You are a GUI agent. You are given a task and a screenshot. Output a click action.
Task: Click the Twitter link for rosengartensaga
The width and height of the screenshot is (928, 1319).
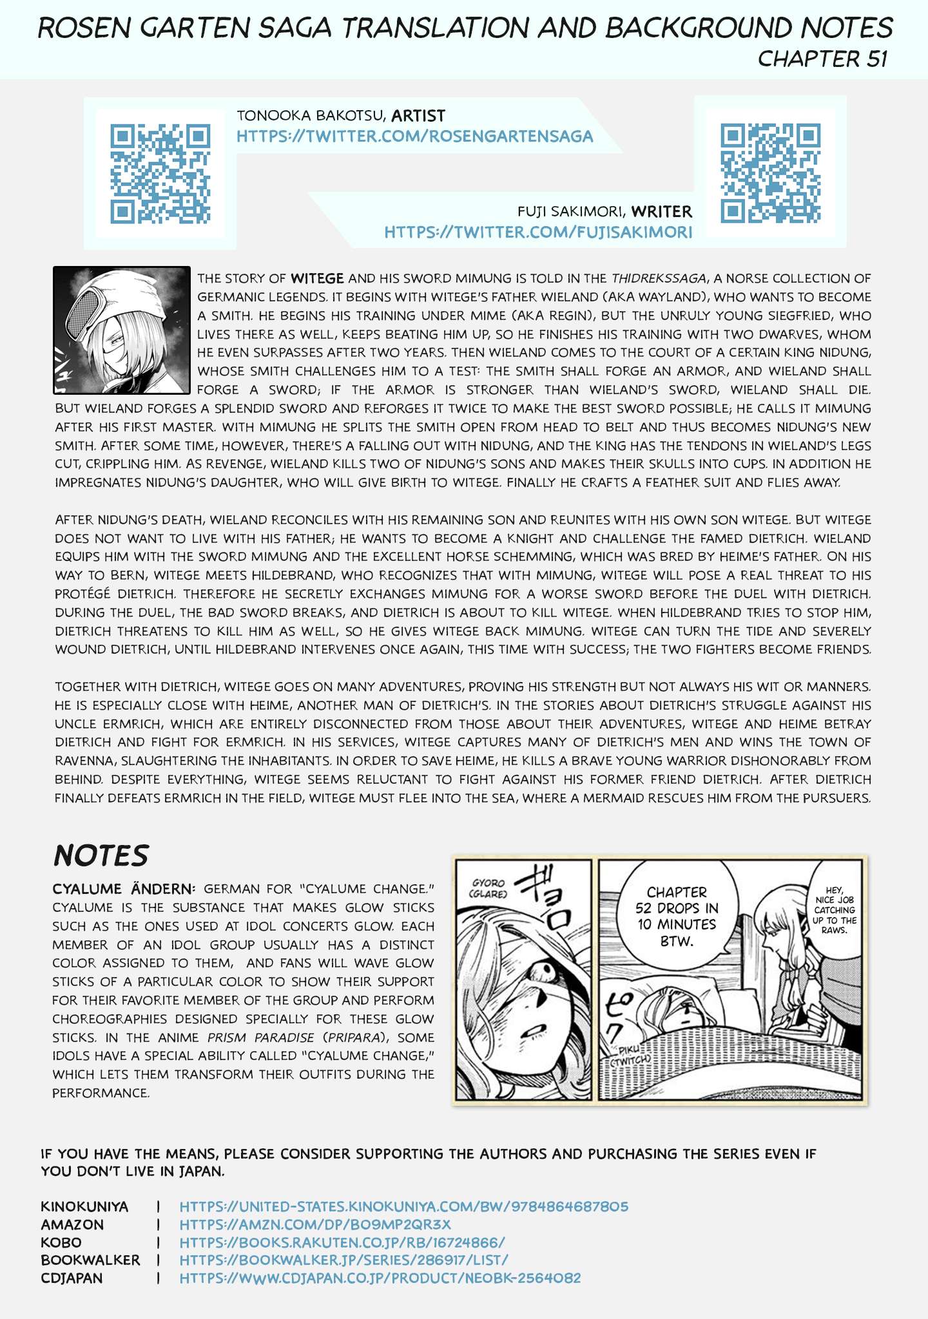(x=414, y=137)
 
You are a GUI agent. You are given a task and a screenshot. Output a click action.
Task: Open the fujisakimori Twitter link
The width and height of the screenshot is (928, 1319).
(x=538, y=232)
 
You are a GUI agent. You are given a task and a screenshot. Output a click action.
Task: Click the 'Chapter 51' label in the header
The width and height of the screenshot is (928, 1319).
(x=822, y=59)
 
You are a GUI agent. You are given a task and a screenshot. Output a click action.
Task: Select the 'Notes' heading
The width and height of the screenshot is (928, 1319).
(x=101, y=855)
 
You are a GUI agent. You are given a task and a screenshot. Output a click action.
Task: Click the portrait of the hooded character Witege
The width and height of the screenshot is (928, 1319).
(x=122, y=330)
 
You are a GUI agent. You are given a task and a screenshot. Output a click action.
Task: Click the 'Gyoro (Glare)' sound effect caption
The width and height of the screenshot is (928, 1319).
(x=488, y=887)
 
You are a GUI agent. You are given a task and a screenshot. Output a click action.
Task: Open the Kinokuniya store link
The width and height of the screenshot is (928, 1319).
(x=403, y=1206)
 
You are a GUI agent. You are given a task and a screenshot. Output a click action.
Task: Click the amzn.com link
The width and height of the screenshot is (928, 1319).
(x=315, y=1224)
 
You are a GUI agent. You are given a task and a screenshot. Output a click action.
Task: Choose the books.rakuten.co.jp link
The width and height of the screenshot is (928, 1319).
(x=342, y=1242)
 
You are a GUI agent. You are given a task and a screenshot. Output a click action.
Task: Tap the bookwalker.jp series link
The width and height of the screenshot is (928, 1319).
(x=343, y=1260)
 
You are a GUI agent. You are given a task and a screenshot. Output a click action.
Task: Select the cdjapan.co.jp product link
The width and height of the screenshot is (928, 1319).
(x=380, y=1278)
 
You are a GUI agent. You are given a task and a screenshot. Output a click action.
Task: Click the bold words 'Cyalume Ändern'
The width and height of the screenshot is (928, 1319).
(x=122, y=889)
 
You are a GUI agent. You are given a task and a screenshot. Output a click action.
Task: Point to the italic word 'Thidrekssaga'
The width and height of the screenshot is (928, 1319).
(x=657, y=278)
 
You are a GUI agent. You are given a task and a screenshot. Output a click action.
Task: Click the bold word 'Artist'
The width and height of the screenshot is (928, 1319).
(x=418, y=116)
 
